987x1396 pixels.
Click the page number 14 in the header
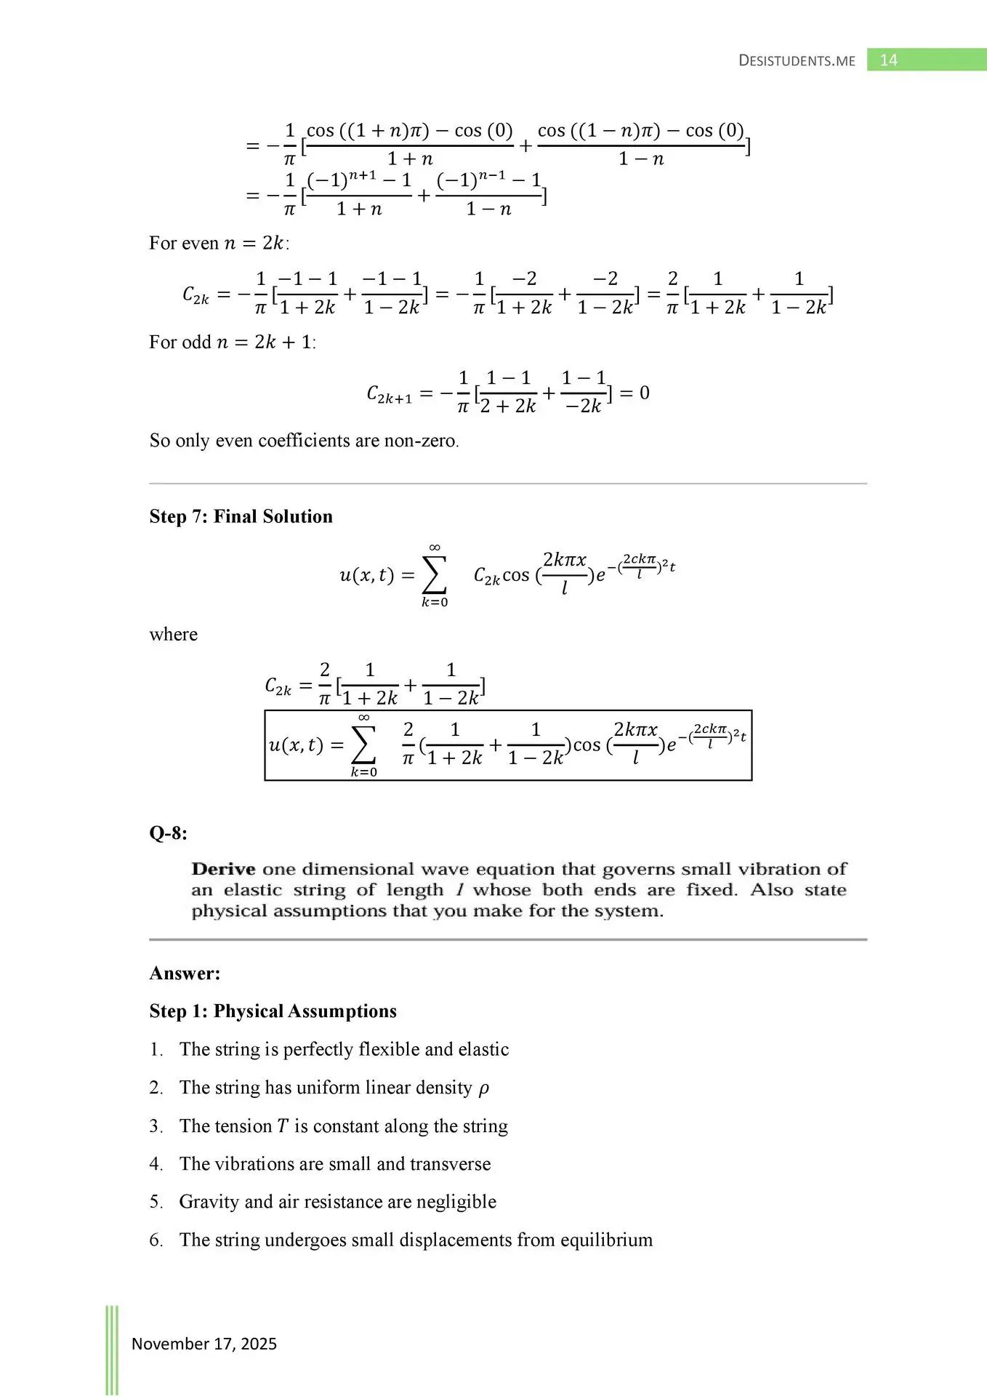coord(888,60)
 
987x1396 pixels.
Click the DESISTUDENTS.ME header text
coord(797,61)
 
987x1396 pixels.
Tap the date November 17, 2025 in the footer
coord(204,1344)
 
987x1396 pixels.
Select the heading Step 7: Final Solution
coord(241,516)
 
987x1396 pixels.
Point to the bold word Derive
coord(223,869)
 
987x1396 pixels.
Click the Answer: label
coord(185,974)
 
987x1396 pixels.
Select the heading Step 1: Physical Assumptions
coord(273,1011)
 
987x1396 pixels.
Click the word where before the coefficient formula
coord(173,634)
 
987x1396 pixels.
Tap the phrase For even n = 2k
coord(218,243)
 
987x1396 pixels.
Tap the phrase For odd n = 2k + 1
coord(232,342)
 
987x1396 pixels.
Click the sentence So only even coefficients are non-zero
coord(304,441)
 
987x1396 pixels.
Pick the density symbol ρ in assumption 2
coord(484,1088)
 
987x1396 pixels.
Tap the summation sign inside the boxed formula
coord(363,745)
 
